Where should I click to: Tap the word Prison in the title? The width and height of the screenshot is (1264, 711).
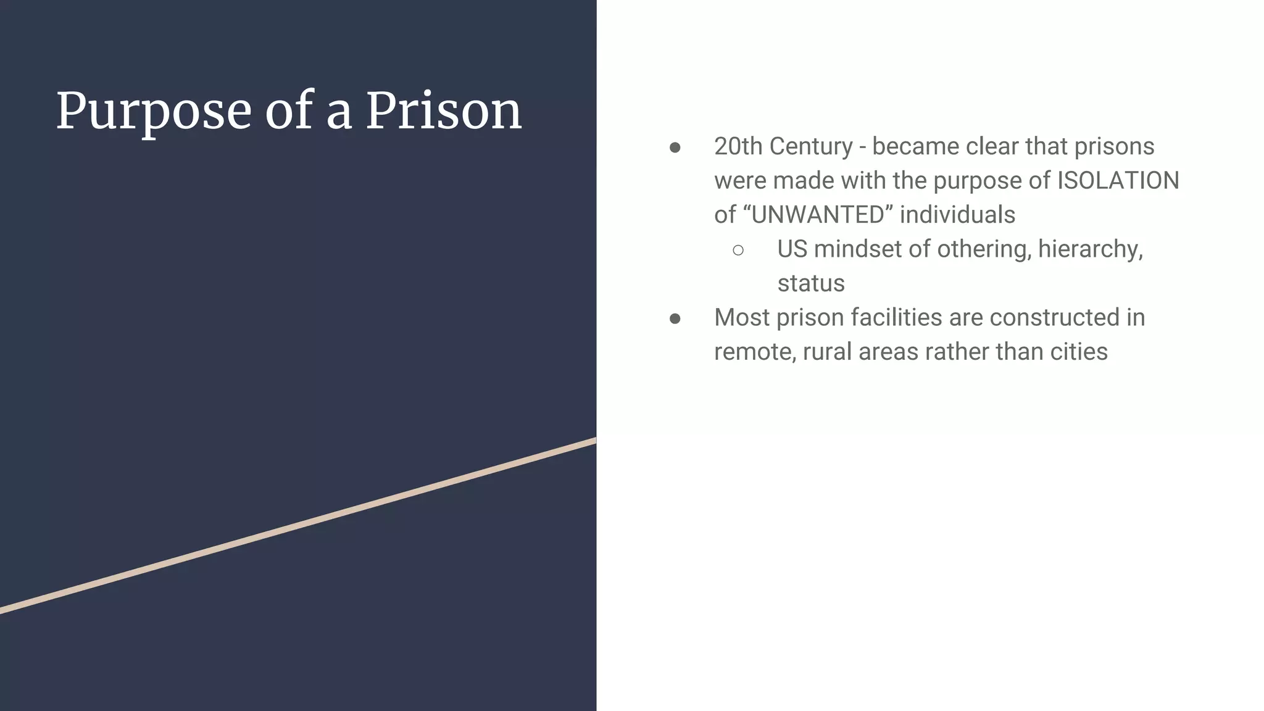click(x=444, y=112)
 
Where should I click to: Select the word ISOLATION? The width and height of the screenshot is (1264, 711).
click(x=1118, y=181)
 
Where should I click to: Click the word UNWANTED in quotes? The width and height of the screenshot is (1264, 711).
click(x=818, y=215)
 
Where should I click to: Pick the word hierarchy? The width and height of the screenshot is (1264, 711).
click(x=1089, y=249)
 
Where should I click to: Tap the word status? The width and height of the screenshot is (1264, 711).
click(x=810, y=283)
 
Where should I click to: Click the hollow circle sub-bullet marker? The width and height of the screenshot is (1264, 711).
click(x=738, y=250)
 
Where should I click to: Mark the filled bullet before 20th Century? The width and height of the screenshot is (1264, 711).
click(x=675, y=148)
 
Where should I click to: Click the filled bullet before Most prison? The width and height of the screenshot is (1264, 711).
click(x=675, y=318)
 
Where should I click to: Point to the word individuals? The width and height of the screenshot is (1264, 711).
click(x=957, y=215)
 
